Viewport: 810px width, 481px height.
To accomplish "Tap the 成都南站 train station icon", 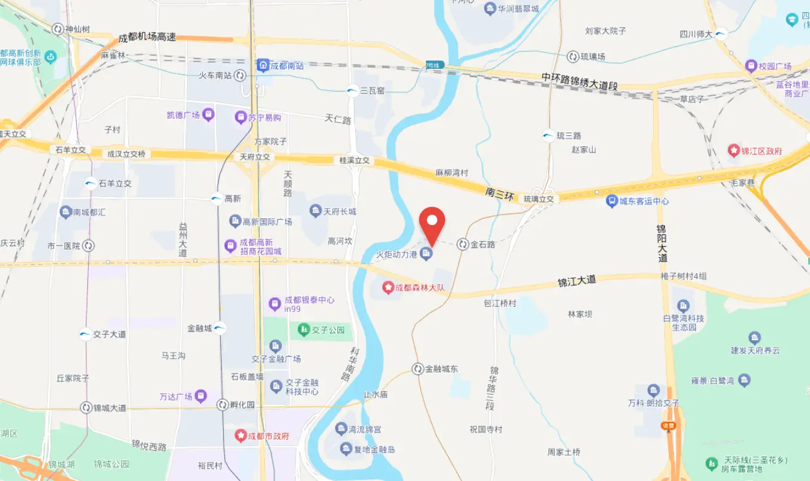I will coord(263,65).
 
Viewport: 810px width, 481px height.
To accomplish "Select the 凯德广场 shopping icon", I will coord(209,114).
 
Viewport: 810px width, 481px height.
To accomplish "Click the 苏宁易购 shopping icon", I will coord(240,117).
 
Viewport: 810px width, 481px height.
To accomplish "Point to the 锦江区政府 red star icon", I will coord(733,150).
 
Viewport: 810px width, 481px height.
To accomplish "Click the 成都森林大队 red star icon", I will coord(388,287).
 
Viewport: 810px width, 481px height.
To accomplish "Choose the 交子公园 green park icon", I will coord(303,330).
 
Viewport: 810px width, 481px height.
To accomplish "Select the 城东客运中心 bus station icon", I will coord(611,201).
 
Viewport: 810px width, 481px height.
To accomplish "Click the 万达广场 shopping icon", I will coord(201,396).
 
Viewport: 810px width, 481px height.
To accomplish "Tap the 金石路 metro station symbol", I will coord(463,244).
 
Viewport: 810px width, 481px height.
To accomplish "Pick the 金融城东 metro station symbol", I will coord(418,368).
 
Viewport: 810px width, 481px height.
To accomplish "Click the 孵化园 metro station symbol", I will coord(222,404).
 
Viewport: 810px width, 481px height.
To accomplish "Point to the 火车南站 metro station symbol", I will coord(240,76).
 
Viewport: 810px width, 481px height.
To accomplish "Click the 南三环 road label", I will coord(499,193).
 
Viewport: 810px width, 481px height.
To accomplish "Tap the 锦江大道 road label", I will coord(577,281).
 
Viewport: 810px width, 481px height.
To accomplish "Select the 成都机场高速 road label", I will coord(147,37).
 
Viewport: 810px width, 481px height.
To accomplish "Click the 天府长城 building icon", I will coord(316,211).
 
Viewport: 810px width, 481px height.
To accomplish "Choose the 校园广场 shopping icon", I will coord(751,66).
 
